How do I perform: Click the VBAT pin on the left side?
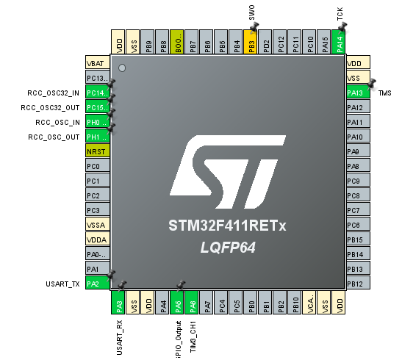coord(97,63)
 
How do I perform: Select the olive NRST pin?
coord(97,151)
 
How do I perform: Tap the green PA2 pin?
coord(97,284)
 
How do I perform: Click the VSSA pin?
coord(97,225)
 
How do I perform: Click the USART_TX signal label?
coord(62,284)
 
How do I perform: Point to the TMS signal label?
coord(384,93)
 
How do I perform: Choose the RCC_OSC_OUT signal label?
coord(54,137)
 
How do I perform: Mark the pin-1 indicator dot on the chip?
coord(123,68)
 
